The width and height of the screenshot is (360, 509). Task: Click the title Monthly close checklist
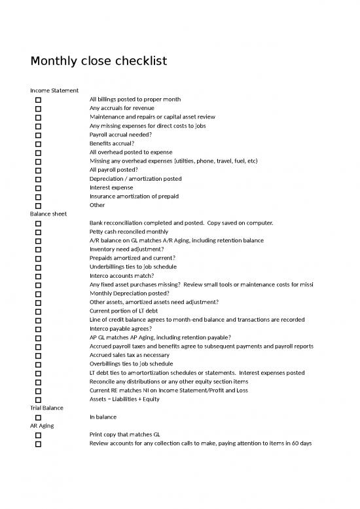(99, 61)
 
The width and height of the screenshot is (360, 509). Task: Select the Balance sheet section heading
(48, 214)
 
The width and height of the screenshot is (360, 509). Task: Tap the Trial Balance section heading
(47, 407)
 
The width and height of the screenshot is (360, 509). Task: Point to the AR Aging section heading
(43, 425)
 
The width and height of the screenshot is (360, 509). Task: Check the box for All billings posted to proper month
(38, 99)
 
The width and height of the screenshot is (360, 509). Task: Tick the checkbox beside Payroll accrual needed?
(38, 134)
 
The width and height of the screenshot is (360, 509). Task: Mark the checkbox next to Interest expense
(38, 187)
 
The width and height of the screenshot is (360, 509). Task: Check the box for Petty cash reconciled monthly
(38, 232)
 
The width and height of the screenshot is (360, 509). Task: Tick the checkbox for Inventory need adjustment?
(38, 249)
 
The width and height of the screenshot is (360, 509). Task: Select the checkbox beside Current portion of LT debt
(38, 311)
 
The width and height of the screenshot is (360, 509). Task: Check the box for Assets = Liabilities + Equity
(38, 399)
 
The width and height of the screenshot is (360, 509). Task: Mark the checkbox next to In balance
(38, 417)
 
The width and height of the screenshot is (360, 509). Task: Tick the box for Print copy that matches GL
(38, 434)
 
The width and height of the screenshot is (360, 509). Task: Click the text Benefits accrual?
(112, 143)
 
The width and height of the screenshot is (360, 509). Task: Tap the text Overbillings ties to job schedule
(131, 364)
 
